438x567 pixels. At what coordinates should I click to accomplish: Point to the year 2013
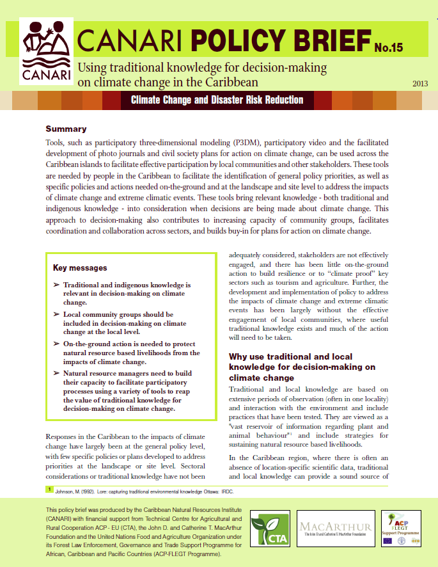point(420,83)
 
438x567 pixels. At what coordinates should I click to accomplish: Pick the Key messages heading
point(79,268)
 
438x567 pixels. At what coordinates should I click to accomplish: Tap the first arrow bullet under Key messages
point(57,284)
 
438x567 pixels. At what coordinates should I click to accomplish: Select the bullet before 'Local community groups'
point(57,314)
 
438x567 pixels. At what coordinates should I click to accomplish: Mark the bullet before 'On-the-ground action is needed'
point(57,344)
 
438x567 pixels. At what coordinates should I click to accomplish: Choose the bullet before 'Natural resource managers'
point(57,373)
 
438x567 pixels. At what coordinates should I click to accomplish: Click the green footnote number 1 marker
point(48,490)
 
